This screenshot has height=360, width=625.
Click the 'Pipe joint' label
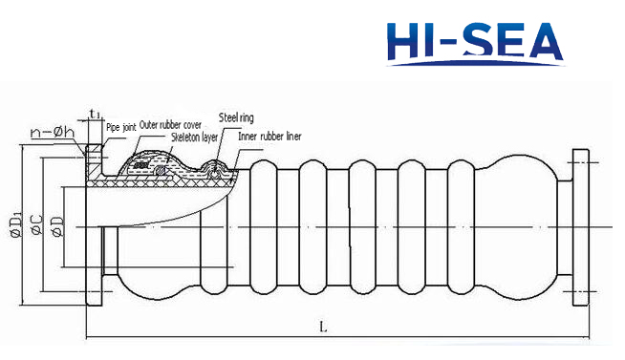[x=120, y=125]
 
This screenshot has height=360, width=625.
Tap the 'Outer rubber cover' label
[x=170, y=125]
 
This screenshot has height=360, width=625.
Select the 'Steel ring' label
[x=238, y=119]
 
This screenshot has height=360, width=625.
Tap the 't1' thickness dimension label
[x=96, y=115]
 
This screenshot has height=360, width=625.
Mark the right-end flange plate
[x=581, y=227]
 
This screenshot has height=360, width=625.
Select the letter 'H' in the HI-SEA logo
[x=403, y=40]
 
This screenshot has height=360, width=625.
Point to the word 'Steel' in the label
[x=229, y=119]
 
